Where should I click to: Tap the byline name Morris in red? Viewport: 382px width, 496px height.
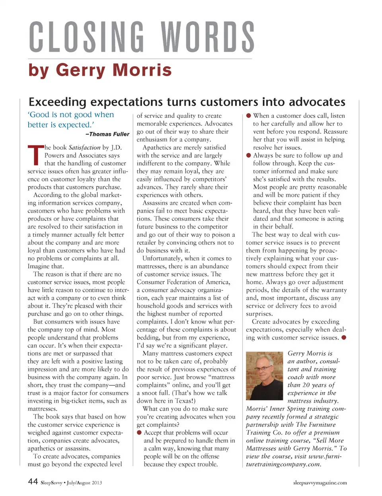142,71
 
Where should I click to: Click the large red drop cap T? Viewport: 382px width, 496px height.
35,155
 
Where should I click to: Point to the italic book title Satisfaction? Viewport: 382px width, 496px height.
84,147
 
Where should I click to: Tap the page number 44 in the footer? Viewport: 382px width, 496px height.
33,482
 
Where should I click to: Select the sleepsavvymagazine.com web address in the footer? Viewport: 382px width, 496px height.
320,483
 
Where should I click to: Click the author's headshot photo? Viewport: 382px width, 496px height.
264,376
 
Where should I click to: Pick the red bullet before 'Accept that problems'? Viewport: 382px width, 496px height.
139,433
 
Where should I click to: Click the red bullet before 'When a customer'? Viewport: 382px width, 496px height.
249,116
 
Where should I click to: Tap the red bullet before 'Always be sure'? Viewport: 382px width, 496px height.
249,155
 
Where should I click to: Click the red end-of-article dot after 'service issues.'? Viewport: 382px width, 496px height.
344,337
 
